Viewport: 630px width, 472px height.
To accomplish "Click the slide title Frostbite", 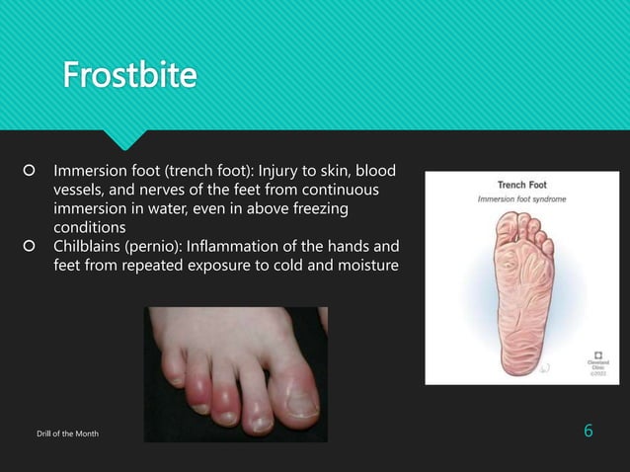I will point(128,75).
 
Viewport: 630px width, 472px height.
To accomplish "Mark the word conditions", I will point(90,226).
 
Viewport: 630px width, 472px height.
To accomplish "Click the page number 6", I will point(589,432).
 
